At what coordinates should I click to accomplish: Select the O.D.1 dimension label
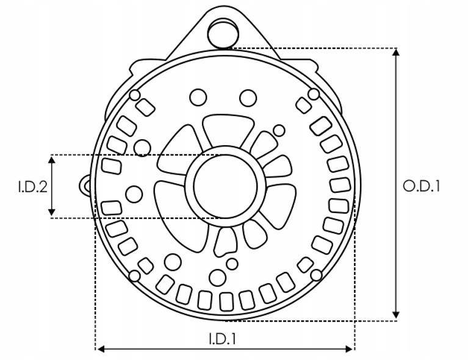coord(422,187)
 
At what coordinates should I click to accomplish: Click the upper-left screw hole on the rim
coord(135,95)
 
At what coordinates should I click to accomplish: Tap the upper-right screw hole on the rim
coord(314,94)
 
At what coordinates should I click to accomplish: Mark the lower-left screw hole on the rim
coord(135,276)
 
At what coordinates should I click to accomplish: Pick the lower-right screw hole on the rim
coord(316,275)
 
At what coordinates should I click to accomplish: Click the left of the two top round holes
coord(198,98)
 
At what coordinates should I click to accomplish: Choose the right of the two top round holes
coord(248,98)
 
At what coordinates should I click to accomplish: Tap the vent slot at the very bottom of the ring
coord(226,301)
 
